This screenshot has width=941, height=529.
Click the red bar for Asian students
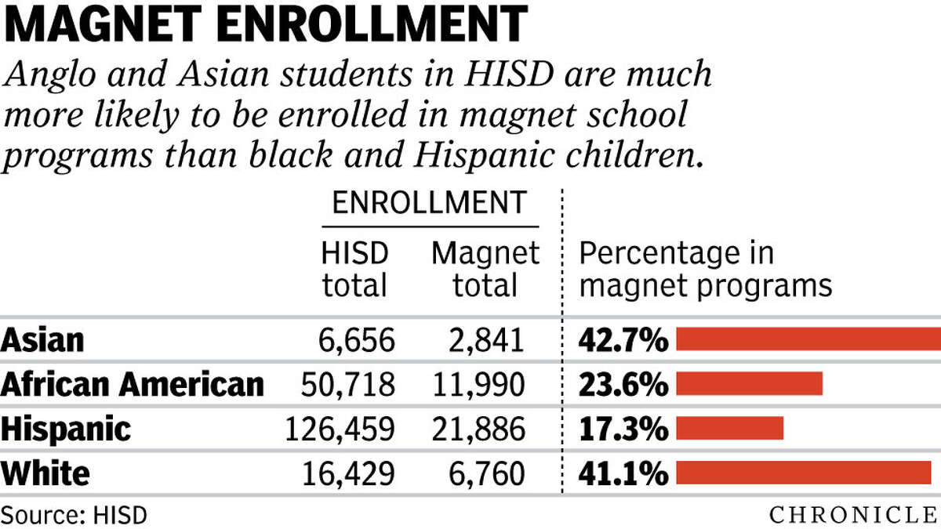click(808, 339)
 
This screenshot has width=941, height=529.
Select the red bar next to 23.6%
click(749, 383)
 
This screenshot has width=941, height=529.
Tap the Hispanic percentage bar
click(729, 428)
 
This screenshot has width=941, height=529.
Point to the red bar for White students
click(803, 473)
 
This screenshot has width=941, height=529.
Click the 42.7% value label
click(623, 339)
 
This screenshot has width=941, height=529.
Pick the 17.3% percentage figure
click(623, 428)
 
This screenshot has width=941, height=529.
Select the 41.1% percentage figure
click(623, 473)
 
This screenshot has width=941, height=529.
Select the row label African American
click(133, 384)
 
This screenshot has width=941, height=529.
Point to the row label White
click(45, 473)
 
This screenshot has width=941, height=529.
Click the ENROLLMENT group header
click(428, 202)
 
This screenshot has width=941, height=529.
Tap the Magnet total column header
click(485, 268)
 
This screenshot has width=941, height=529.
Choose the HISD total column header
click(354, 268)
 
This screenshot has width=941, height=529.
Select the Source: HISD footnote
click(74, 515)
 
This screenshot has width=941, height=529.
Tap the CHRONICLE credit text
click(854, 515)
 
